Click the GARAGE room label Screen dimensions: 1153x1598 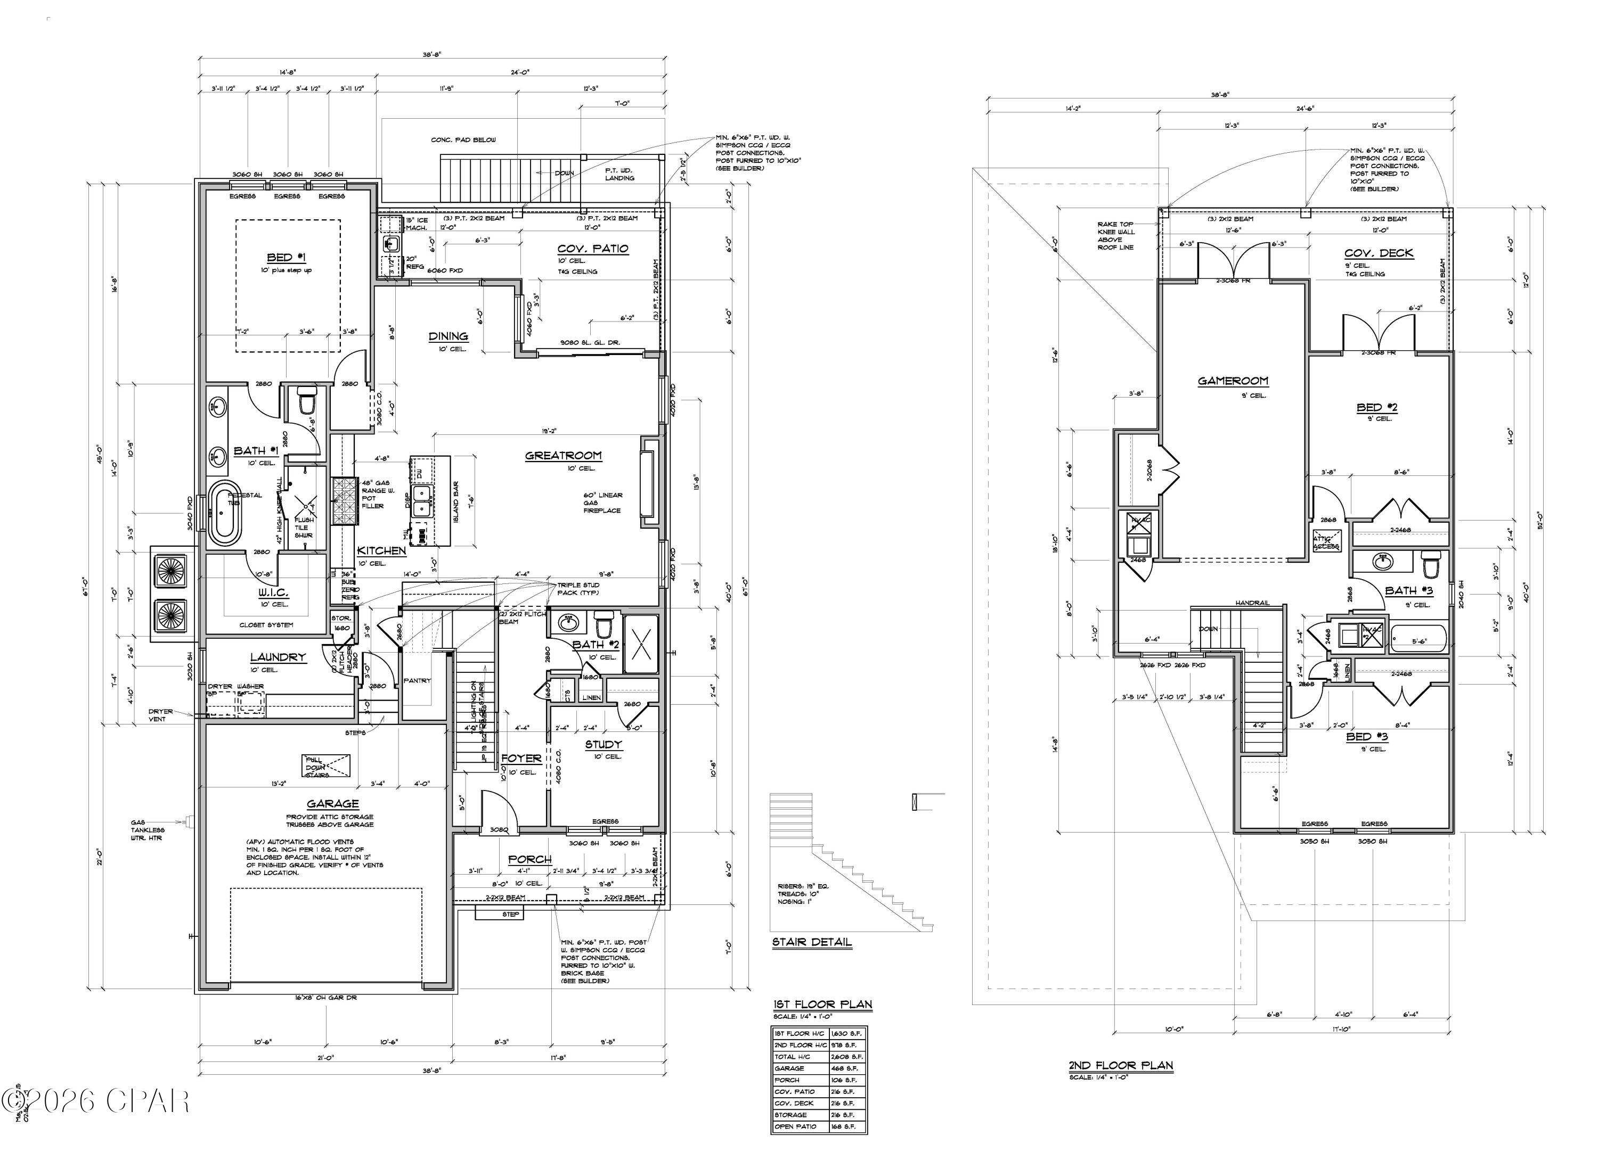click(x=332, y=804)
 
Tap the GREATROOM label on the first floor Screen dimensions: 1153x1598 click(x=563, y=456)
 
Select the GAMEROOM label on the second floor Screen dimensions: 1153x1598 click(x=1233, y=381)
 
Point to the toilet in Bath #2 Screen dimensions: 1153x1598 click(x=604, y=624)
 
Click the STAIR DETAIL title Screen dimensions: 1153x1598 click(x=812, y=942)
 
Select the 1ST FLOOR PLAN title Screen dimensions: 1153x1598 click(x=822, y=1004)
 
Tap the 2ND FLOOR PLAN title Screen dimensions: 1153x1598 click(x=1120, y=1066)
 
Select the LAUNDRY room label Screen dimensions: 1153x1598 click(x=278, y=657)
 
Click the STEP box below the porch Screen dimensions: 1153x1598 click(x=510, y=914)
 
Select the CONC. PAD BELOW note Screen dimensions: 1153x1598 click(x=463, y=140)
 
